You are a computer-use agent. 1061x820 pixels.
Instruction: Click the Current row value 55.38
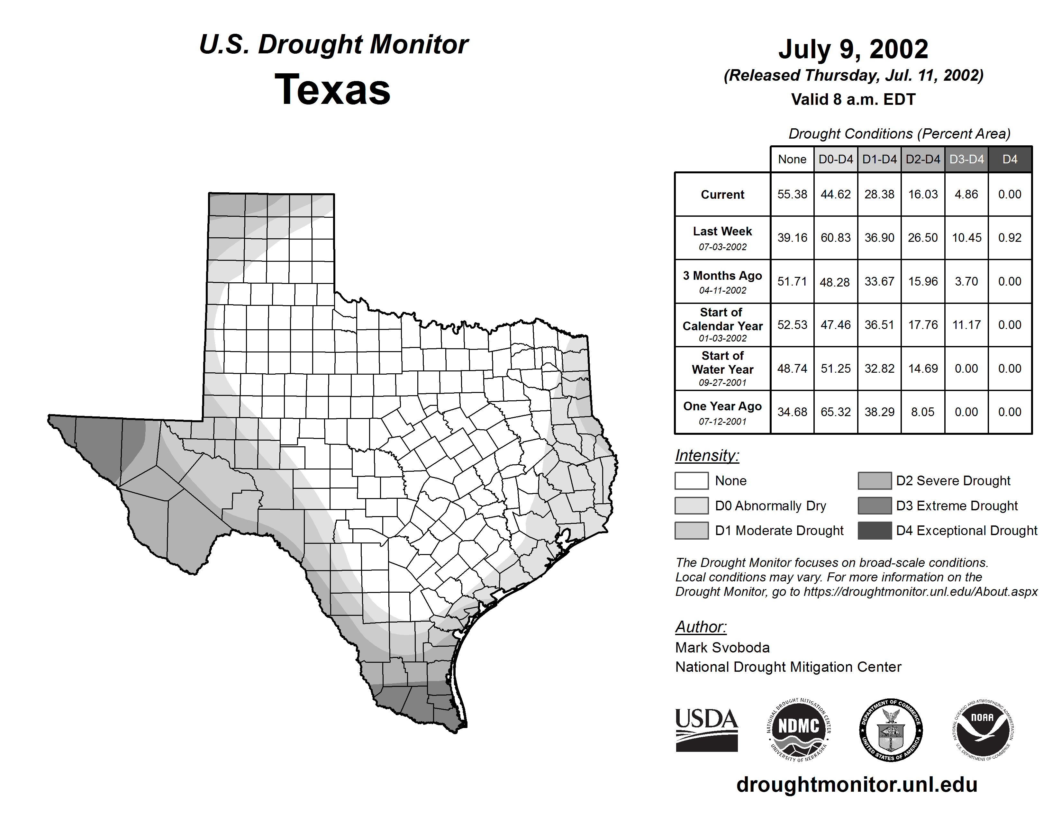click(x=792, y=194)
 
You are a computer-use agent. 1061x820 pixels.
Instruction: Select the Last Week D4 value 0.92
click(x=1010, y=238)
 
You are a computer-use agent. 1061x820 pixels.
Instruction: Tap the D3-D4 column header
click(x=966, y=159)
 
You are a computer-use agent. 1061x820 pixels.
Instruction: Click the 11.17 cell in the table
click(x=966, y=324)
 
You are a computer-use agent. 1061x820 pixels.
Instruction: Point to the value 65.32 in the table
click(x=836, y=412)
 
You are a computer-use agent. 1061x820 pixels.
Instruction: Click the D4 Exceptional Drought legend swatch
click(x=875, y=531)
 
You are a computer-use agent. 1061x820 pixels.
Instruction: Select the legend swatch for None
click(x=691, y=480)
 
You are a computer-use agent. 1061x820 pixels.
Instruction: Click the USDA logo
click(x=706, y=730)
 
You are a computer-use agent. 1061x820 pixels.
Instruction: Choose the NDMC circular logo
click(x=799, y=730)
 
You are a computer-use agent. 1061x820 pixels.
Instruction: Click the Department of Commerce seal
click(x=891, y=730)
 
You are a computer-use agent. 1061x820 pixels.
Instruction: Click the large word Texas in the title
click(x=332, y=90)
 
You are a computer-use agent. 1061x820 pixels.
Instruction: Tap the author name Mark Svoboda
click(x=722, y=648)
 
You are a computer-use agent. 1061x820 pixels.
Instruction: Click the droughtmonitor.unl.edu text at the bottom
click(x=857, y=785)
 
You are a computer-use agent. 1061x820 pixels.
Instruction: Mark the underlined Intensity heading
click(x=707, y=456)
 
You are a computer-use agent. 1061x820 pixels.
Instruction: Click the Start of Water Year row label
click(x=722, y=369)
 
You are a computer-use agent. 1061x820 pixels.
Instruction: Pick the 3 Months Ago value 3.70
click(x=966, y=281)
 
